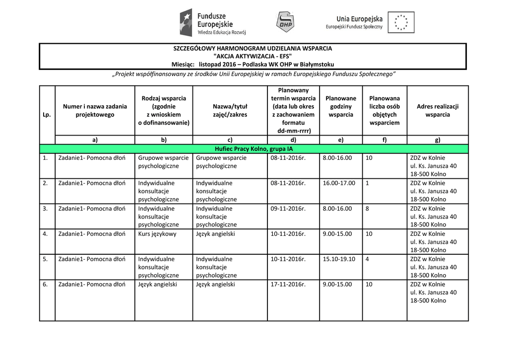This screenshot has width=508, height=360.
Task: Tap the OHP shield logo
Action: click(x=284, y=22)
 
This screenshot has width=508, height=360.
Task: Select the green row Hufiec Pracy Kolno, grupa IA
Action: click(x=254, y=149)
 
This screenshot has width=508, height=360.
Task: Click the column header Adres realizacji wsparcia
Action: click(x=438, y=110)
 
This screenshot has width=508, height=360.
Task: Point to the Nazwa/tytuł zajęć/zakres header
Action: click(x=230, y=110)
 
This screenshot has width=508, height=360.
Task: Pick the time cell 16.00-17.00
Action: click(x=339, y=183)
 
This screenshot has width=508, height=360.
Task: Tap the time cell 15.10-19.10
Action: click(x=339, y=259)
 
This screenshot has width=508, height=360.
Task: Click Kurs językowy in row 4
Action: click(x=157, y=234)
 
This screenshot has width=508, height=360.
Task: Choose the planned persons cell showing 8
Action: click(x=367, y=209)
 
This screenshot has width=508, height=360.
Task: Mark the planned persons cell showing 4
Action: click(x=367, y=259)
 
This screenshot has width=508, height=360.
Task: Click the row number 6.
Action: click(x=45, y=285)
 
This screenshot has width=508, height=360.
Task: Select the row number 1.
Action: click(x=45, y=158)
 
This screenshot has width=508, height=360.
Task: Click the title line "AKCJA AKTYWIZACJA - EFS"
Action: click(x=253, y=56)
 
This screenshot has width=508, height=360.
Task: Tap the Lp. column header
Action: click(x=47, y=115)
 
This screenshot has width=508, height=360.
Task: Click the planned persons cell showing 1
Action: click(x=367, y=183)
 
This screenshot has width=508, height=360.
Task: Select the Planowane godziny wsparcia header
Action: click(x=341, y=106)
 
